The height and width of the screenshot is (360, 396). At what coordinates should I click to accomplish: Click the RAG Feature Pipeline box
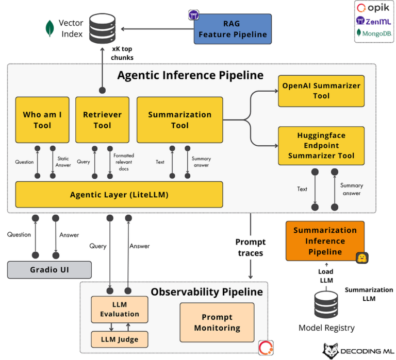pos(233,29)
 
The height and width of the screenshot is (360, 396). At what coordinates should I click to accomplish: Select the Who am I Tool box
pos(42,119)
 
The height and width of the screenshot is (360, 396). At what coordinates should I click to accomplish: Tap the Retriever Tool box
pos(102,119)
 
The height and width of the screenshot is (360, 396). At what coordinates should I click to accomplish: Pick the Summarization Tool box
pos(179,119)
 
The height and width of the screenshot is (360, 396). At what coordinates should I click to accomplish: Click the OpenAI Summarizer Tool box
pos(321,91)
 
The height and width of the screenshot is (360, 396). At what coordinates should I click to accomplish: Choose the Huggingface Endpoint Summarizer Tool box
pos(321,145)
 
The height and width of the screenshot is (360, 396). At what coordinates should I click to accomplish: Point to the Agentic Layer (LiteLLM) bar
pos(119,195)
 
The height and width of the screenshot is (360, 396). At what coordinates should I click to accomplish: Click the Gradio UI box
pos(49,269)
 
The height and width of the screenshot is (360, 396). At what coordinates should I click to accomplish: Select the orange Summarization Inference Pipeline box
pos(325,241)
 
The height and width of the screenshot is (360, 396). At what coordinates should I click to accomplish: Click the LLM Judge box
pos(119,339)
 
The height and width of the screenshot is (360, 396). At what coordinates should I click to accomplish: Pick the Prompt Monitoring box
pos(217,322)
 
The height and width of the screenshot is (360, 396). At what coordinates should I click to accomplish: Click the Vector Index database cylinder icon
pos(102,28)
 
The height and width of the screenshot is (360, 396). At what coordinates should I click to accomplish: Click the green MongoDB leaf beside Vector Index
pos(50,28)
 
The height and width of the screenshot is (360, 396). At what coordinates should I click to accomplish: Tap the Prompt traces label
pos(251,247)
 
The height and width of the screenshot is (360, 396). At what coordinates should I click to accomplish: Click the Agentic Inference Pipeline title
pos(190,75)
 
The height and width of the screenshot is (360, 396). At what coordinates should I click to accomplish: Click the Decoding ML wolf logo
pos(332,351)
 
